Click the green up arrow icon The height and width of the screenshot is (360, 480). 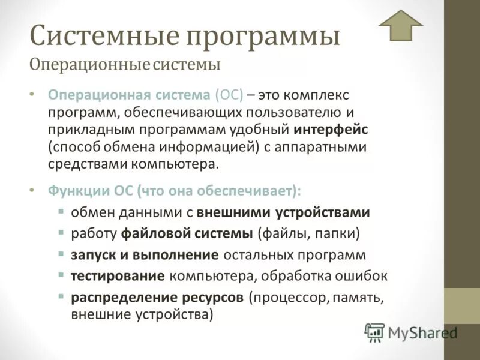point(401,25)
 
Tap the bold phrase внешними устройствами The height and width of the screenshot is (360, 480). point(283,212)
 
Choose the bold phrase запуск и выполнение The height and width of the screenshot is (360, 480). point(145,255)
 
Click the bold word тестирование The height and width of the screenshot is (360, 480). point(118,276)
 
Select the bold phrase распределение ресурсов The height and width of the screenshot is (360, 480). point(157,298)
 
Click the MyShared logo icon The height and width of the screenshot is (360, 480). point(375,332)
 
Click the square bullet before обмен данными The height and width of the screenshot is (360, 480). point(61,211)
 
